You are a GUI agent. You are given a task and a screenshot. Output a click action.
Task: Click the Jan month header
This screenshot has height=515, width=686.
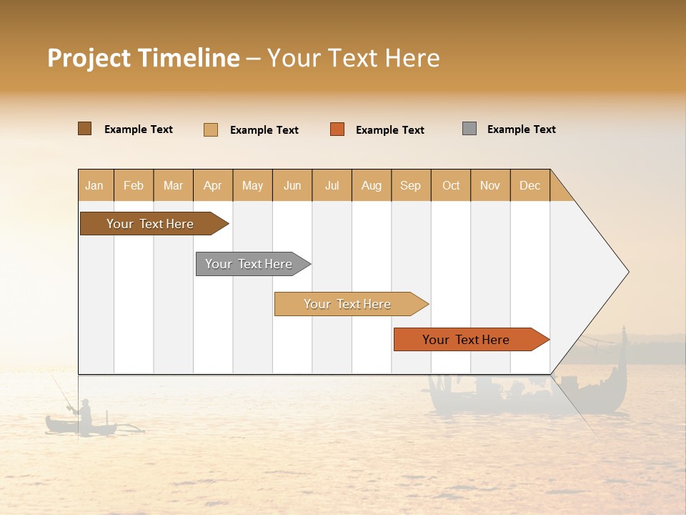pyautogui.click(x=94, y=186)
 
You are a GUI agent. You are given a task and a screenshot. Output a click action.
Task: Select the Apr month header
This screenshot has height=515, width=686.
pyautogui.click(x=212, y=186)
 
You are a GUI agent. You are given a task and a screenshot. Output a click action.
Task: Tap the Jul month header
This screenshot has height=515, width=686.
pyautogui.click(x=332, y=186)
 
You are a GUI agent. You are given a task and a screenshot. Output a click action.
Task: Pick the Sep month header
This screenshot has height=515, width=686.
pyautogui.click(x=410, y=186)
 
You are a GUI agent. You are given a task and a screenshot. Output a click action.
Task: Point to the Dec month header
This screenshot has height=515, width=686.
pyautogui.click(x=530, y=186)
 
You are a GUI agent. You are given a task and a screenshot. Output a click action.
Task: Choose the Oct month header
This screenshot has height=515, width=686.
pyautogui.click(x=451, y=186)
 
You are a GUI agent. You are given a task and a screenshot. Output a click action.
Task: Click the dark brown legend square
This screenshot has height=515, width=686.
pyautogui.click(x=84, y=129)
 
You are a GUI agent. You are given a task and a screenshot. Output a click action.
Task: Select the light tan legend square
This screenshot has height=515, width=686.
pyautogui.click(x=210, y=129)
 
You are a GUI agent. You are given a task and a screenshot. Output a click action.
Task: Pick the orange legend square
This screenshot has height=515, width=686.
pyautogui.click(x=337, y=129)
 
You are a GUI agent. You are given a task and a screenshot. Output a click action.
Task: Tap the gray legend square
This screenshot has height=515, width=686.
pyautogui.click(x=469, y=129)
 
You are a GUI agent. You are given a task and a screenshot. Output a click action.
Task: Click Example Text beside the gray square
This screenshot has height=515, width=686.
pyautogui.click(x=521, y=129)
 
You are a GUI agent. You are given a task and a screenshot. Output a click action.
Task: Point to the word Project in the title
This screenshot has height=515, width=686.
pyautogui.click(x=89, y=59)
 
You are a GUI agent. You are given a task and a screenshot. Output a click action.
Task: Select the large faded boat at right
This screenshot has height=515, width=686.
pyautogui.click(x=529, y=390)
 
